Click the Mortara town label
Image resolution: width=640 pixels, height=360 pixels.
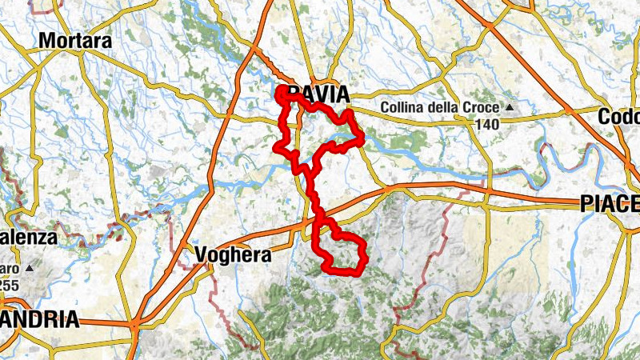[75, 40]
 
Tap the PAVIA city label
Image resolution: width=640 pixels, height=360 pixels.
[317, 95]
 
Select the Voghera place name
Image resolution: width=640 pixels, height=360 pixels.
[233, 256]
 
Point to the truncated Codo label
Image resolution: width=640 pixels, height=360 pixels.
[619, 117]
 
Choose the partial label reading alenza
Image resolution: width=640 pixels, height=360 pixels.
[29, 238]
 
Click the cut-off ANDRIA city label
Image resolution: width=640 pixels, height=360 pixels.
[40, 320]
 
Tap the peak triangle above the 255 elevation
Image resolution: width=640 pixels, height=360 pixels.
[30, 267]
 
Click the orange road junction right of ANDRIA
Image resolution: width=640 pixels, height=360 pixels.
[135, 325]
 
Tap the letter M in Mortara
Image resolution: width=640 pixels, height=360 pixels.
[47, 40]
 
